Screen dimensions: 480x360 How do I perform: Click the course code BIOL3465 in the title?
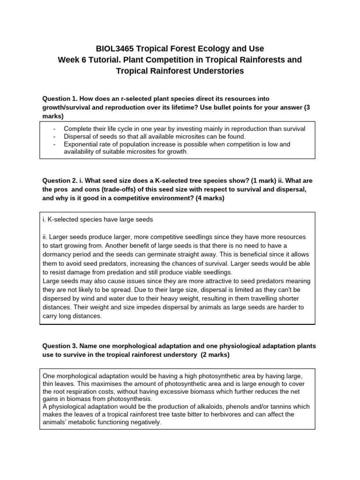click(115, 49)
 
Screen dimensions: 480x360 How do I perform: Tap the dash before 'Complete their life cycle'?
click(55, 128)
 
